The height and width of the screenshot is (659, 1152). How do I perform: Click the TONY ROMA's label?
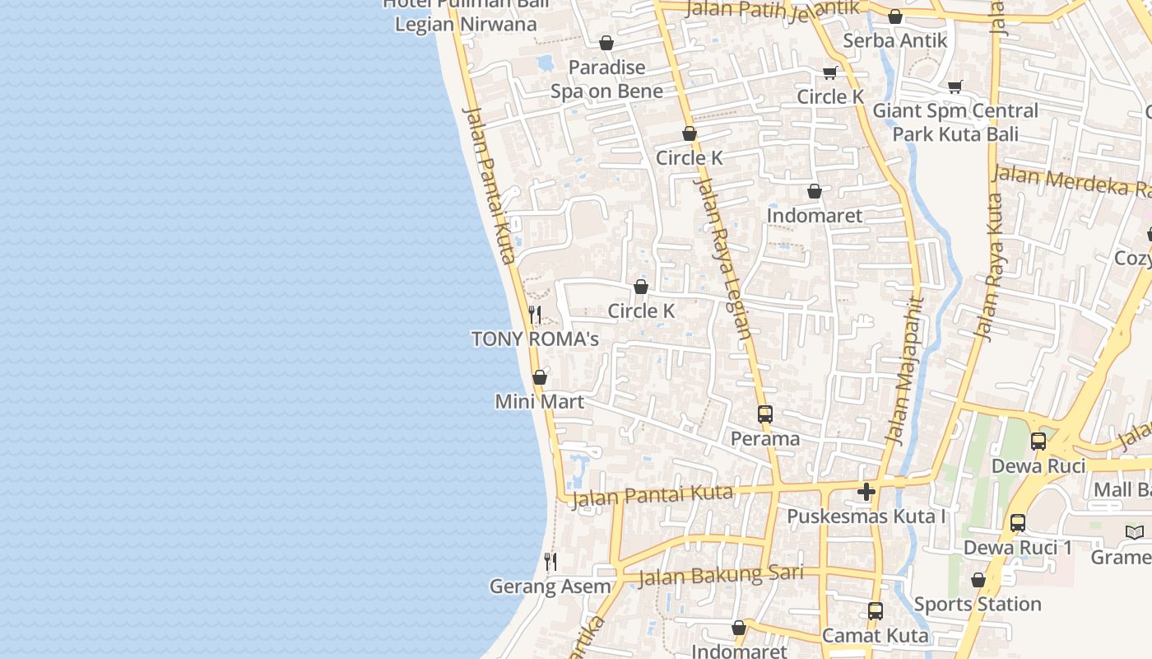coord(535,339)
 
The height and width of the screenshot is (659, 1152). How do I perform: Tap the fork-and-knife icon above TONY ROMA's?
coord(535,315)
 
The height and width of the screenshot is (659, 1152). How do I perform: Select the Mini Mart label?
coord(540,402)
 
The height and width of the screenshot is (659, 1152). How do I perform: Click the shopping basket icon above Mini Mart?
coord(540,377)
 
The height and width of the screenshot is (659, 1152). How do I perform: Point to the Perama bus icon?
coord(765,414)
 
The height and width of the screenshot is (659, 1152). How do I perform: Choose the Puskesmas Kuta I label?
coord(866,516)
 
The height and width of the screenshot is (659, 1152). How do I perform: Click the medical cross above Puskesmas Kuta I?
coord(866,492)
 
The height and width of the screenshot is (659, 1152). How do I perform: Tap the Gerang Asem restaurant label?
coord(550,587)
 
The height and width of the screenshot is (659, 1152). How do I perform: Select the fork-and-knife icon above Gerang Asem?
coord(550,562)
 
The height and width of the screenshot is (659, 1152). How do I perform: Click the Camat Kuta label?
coord(876,635)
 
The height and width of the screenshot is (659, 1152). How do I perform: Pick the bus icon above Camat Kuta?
coord(876,611)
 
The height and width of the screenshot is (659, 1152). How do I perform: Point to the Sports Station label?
coord(978,604)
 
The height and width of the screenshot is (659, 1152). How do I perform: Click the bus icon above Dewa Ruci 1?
coord(1018,523)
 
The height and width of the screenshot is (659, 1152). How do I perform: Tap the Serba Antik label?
coord(895,40)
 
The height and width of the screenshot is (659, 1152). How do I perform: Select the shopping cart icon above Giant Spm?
coord(955,86)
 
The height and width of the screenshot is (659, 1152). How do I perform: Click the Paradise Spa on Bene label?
coord(606,79)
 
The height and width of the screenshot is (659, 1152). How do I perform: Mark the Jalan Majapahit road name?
coord(904,371)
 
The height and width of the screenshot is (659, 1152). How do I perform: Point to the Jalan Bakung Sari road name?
coord(720,574)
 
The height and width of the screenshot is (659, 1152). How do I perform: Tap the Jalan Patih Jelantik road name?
coord(772,10)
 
